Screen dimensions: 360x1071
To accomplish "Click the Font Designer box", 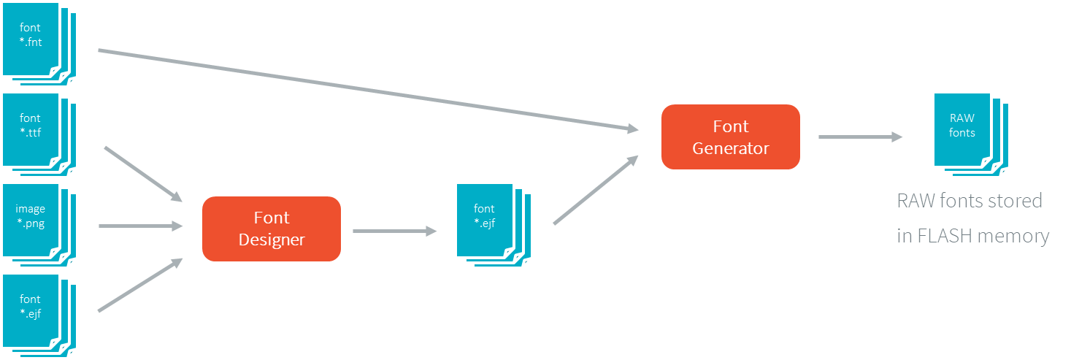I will coord(271,229).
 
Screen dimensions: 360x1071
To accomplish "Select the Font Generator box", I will coord(730,137).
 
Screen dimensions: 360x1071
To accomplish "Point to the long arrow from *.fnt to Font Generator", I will coord(365,90).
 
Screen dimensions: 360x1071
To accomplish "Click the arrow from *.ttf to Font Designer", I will coord(142,173).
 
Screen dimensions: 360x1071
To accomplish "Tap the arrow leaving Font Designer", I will coord(394,231).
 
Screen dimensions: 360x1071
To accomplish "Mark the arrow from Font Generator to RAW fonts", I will coord(860,137).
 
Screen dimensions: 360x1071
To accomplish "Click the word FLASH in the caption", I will coord(948,236).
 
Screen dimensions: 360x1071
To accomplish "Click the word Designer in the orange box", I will coord(271,239).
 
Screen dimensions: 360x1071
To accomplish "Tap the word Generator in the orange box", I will coord(730,148).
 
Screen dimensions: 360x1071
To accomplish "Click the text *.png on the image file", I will coord(31,223).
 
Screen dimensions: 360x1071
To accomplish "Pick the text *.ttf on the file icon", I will coord(31,132).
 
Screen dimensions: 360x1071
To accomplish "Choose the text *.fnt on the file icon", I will coord(31,42).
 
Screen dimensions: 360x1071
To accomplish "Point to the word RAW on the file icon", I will coord(961,118).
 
